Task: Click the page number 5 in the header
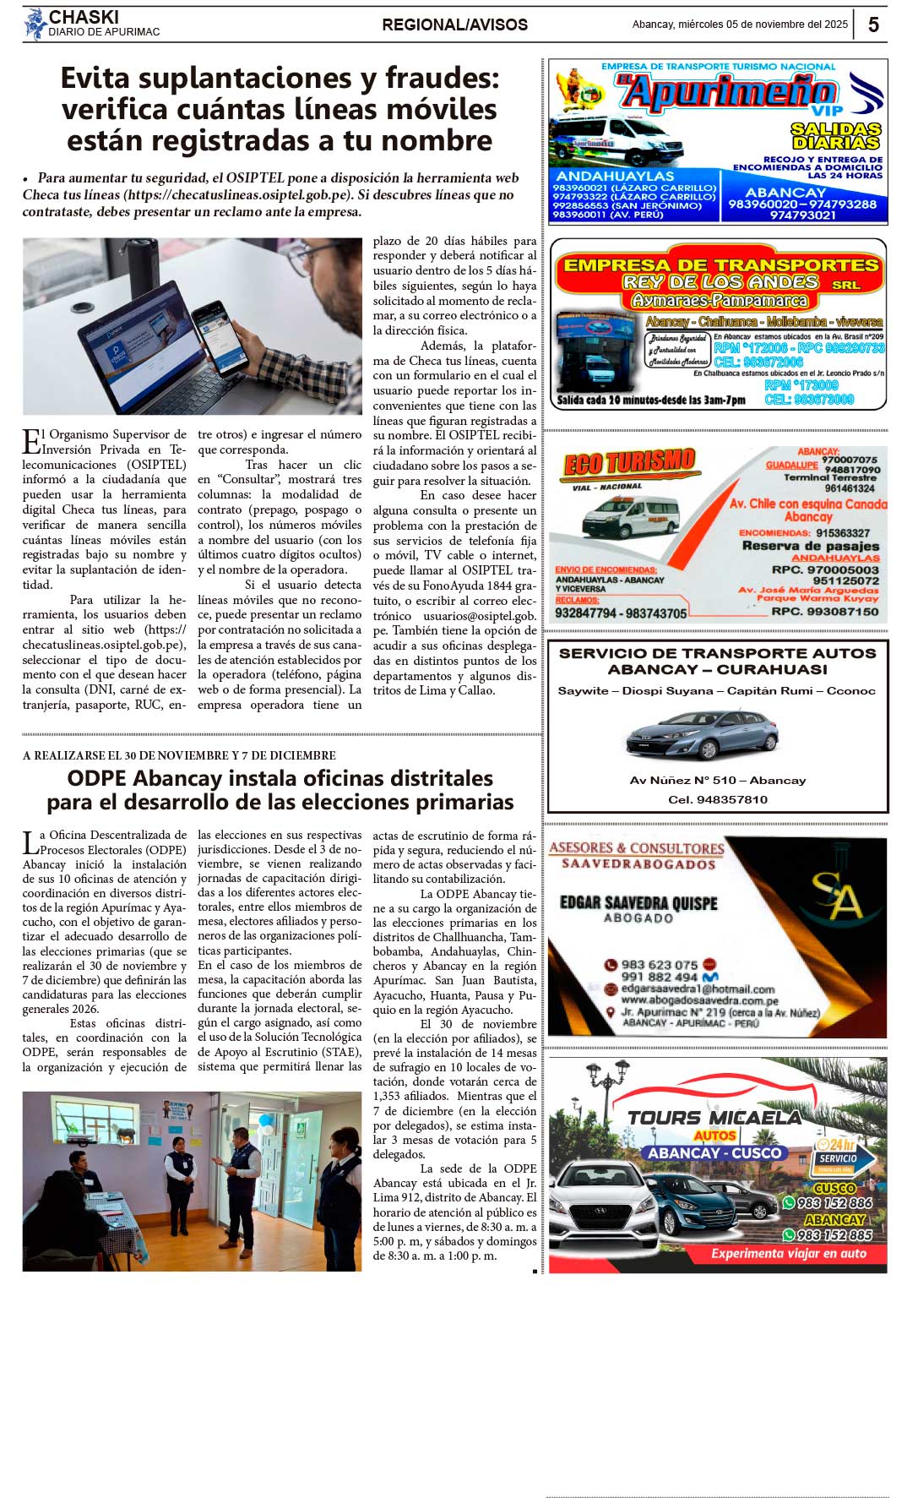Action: (873, 25)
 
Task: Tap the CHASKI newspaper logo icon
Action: (35, 24)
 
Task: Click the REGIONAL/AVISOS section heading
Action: (454, 25)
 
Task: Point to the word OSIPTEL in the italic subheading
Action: (256, 178)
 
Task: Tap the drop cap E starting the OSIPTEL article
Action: (31, 441)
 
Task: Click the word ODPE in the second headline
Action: (96, 778)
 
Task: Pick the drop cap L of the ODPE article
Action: (30, 842)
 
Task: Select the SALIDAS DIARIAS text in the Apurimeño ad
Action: (835, 136)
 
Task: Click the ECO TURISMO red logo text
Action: (629, 464)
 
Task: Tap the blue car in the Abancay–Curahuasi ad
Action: (702, 733)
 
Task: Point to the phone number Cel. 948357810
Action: (718, 799)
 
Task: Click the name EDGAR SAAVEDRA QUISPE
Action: (638, 903)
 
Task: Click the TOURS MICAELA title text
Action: (714, 1118)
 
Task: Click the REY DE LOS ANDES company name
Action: (720, 282)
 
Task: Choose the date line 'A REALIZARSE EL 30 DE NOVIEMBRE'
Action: (179, 755)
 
